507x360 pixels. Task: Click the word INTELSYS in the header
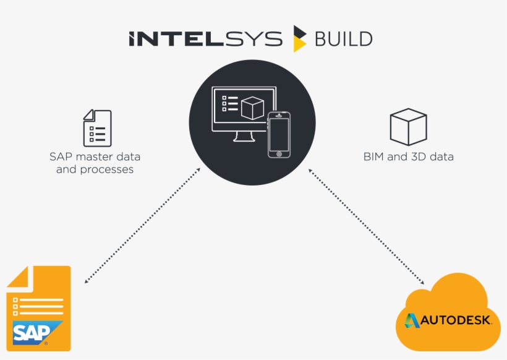click(x=205, y=39)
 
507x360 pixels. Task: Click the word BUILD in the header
click(x=343, y=39)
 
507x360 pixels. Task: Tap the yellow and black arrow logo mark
click(x=300, y=38)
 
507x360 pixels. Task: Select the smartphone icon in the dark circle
click(x=279, y=135)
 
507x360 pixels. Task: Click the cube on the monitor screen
click(x=252, y=108)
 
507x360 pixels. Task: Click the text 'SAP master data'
click(x=95, y=156)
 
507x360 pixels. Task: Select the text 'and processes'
click(x=95, y=169)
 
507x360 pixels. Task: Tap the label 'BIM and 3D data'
click(x=408, y=157)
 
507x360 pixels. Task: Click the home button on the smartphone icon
click(x=279, y=153)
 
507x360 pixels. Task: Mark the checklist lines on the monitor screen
click(x=229, y=103)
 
